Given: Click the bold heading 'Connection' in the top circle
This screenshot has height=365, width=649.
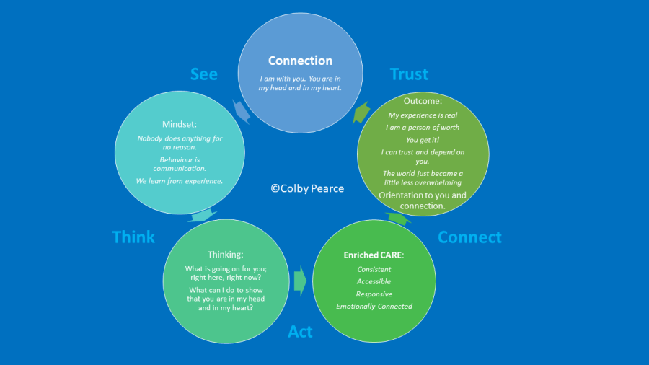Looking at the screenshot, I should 300,61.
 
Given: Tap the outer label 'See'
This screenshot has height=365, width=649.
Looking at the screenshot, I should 204,74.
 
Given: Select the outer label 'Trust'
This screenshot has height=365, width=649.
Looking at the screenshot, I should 409,74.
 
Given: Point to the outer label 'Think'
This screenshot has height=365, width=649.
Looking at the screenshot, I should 133,237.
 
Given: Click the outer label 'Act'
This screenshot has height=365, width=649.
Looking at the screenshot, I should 300,331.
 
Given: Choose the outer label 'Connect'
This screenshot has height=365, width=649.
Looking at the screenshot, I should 469,237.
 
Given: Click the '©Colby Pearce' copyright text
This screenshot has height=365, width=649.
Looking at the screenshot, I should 307,188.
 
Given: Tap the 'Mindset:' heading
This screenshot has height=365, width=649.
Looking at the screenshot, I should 180,123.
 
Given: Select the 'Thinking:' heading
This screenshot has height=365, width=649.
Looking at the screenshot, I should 226,254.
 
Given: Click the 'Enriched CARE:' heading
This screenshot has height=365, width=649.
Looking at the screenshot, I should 374,255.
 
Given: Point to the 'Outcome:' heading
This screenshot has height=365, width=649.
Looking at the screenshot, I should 423,101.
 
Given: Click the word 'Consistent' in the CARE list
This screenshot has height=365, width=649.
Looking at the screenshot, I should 374,269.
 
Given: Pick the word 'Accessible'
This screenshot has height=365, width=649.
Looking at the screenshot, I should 374,281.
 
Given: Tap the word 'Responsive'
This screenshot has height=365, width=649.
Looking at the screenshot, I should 374,294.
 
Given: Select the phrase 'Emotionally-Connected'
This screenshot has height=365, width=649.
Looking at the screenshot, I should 374,306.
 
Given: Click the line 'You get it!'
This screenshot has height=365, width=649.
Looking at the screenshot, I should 423,140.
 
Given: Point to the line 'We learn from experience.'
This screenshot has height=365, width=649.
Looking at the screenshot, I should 180,180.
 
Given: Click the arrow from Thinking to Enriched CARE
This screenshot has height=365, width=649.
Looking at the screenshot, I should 300,280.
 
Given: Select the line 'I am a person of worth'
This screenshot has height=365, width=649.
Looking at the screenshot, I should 423,128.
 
